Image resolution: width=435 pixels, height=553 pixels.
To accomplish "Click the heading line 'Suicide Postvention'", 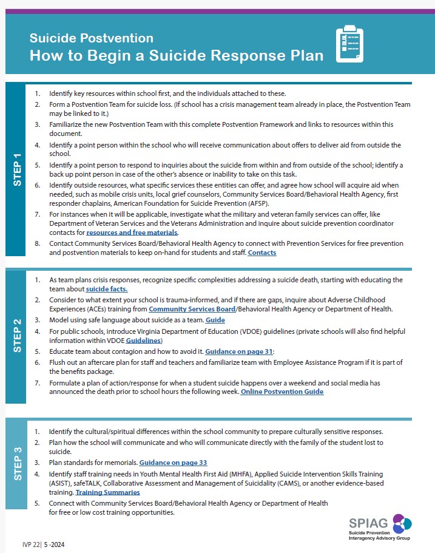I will pyautogui.click(x=91, y=39).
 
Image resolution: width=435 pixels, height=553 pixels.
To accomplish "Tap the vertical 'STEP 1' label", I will pyautogui.click(x=16, y=169).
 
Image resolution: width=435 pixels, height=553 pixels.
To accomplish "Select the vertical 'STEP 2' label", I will pyautogui.click(x=16, y=335).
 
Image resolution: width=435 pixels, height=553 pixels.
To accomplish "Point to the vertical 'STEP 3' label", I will pyautogui.click(x=16, y=464).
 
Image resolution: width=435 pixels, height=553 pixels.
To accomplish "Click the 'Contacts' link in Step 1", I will pyautogui.click(x=262, y=253).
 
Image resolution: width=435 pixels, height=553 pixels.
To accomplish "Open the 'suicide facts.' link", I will pyautogui.click(x=107, y=289).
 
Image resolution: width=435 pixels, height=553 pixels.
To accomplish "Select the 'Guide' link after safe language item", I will pyautogui.click(x=215, y=320).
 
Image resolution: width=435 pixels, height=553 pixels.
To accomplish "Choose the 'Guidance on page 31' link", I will pyautogui.click(x=239, y=351).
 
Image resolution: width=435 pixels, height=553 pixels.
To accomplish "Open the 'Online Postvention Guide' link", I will pyautogui.click(x=282, y=392).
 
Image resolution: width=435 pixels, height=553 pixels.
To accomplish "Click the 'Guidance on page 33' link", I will pyautogui.click(x=173, y=463).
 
